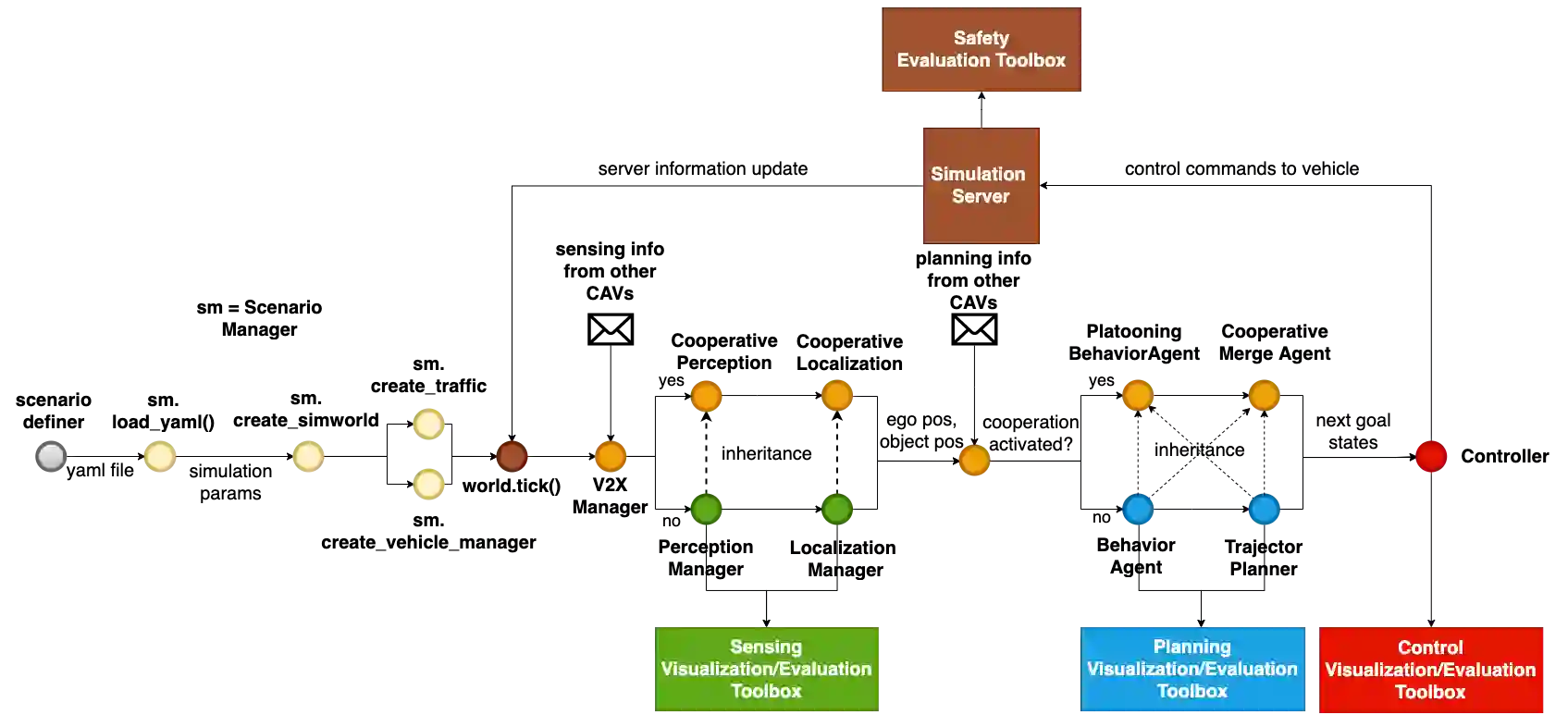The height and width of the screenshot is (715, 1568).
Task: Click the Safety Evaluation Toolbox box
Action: click(982, 50)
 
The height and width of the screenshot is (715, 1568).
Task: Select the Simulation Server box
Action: click(981, 185)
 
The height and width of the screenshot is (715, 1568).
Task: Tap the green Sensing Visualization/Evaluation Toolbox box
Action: click(766, 669)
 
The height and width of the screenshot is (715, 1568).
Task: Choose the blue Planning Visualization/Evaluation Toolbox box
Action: click(1192, 669)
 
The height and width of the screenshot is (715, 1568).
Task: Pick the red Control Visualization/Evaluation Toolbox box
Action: click(1430, 669)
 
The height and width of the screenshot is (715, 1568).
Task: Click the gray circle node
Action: click(51, 456)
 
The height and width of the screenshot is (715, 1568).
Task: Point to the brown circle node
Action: click(512, 456)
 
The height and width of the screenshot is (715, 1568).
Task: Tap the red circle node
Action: click(1431, 456)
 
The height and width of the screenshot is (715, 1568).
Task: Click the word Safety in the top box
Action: click(981, 38)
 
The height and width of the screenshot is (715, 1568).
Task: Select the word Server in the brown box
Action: click(981, 196)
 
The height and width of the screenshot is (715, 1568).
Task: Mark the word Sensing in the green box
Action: click(766, 647)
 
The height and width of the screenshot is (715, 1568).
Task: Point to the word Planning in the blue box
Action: click(1191, 647)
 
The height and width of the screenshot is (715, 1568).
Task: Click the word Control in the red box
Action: click(1430, 647)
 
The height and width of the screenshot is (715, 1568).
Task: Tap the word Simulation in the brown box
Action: click(978, 174)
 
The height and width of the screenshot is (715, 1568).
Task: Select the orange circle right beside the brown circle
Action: click(611, 456)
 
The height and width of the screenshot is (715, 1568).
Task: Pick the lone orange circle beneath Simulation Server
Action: click(974, 460)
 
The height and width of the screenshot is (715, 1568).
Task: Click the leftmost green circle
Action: click(706, 509)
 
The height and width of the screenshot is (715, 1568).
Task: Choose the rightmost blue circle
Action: click(1264, 509)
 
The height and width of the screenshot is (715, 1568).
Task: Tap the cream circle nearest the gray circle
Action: click(159, 456)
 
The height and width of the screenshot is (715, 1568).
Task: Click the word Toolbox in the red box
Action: click(1430, 692)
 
